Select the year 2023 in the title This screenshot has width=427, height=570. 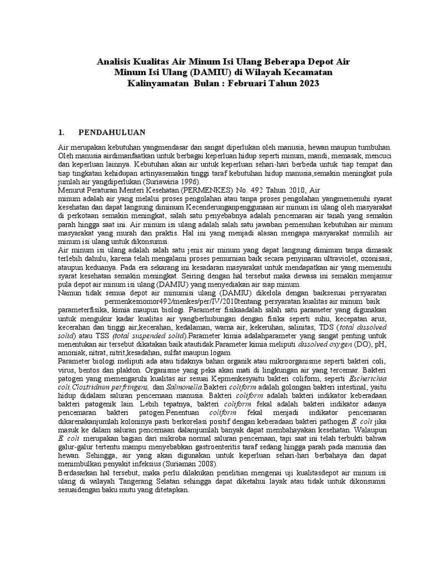(310, 83)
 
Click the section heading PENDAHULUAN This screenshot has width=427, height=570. (112, 132)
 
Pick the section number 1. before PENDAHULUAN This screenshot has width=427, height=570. (62, 132)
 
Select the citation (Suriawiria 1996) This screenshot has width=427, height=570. (177, 182)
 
